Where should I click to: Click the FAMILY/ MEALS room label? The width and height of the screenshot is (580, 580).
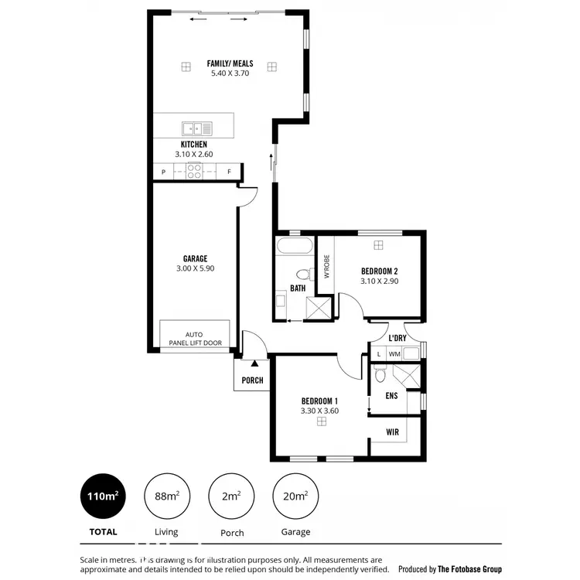tap(228, 63)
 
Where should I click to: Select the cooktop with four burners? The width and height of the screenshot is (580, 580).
tap(194, 172)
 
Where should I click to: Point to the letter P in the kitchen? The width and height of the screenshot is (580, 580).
tap(164, 172)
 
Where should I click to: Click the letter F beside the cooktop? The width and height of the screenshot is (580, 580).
tap(229, 172)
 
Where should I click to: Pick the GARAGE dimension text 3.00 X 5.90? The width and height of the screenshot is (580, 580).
tap(194, 268)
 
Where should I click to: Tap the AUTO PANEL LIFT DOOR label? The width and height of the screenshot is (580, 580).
tap(194, 339)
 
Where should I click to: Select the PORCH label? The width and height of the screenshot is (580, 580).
tap(252, 380)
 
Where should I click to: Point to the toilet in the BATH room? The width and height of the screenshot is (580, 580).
tap(303, 274)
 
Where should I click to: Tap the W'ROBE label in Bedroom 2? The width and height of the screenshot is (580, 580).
tap(326, 266)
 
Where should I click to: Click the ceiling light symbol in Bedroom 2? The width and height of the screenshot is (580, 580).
tap(378, 245)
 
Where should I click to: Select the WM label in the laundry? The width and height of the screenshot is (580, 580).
tap(394, 354)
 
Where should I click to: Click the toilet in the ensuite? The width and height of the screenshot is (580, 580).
tap(379, 376)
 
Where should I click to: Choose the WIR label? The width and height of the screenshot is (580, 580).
tap(393, 432)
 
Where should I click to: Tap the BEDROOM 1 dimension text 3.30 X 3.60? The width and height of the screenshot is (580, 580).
tap(320, 411)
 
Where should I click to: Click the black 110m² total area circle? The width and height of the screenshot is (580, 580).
tap(102, 496)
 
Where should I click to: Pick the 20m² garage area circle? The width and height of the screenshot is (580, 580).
tap(295, 496)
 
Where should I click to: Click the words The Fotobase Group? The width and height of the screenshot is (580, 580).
tap(470, 568)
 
